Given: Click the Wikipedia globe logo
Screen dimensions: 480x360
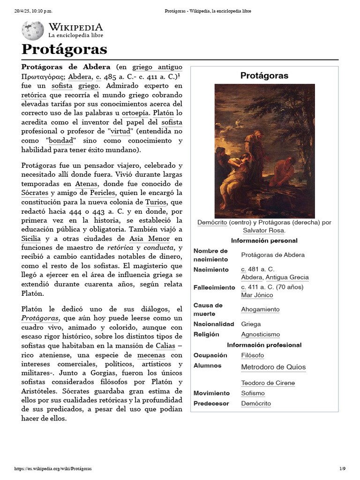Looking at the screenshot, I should pyautogui.click(x=32, y=30).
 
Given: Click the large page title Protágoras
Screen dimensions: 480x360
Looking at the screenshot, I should pyautogui.click(x=64, y=49).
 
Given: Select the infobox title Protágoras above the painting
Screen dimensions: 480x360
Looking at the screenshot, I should pyautogui.click(x=264, y=75).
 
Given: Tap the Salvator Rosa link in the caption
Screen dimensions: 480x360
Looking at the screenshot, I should pyautogui.click(x=264, y=230).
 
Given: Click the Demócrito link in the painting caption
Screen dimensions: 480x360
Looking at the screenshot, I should pyautogui.click(x=212, y=222).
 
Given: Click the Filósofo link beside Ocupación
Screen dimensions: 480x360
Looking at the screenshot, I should pyautogui.click(x=252, y=355).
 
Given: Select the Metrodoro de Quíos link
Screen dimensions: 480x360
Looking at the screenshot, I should pyautogui.click(x=273, y=367).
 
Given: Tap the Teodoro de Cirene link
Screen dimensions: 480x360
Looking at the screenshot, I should pyautogui.click(x=268, y=383).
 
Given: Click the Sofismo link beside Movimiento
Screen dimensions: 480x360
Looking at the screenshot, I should pyautogui.click(x=253, y=393).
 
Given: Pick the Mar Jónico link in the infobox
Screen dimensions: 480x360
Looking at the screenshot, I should pyautogui.click(x=256, y=295).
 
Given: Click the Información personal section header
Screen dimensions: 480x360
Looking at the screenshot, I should pyautogui.click(x=264, y=240).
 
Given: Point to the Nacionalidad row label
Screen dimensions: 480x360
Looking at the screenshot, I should pyautogui.click(x=213, y=324).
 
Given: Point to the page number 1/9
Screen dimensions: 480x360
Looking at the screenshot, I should pyautogui.click(x=342, y=468).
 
